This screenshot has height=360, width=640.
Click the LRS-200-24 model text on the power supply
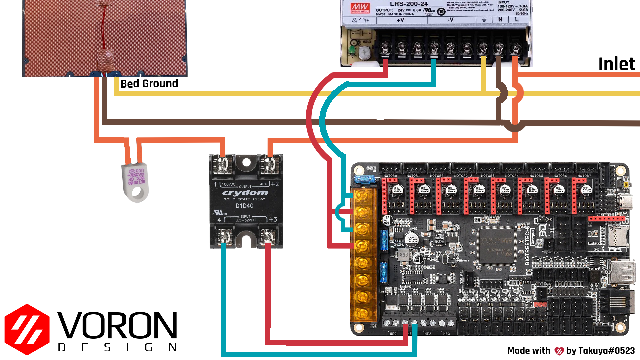[x=409, y=4]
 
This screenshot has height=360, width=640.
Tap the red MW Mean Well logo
[x=360, y=8]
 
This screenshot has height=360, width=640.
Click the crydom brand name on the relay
[x=245, y=193]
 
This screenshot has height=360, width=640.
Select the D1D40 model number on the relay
[x=245, y=206]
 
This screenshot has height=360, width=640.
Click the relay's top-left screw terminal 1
[x=222, y=164]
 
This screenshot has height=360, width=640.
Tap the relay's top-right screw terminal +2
[x=269, y=164]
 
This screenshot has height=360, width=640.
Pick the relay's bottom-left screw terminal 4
[x=224, y=237]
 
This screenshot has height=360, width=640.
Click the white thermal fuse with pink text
[x=135, y=180]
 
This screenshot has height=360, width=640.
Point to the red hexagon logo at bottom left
[x=27, y=329]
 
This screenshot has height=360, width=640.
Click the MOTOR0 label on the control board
[x=390, y=176]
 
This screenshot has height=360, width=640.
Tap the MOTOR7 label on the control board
[x=584, y=176]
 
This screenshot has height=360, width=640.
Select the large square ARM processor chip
[x=497, y=245]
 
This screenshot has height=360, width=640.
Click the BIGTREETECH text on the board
[x=527, y=247]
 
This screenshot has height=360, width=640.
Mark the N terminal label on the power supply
[x=500, y=20]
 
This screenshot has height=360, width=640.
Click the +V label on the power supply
[x=400, y=20]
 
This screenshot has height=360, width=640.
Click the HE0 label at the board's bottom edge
[x=393, y=334]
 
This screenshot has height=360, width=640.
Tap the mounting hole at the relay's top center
[x=246, y=163]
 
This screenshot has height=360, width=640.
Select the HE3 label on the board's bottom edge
[x=447, y=334]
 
